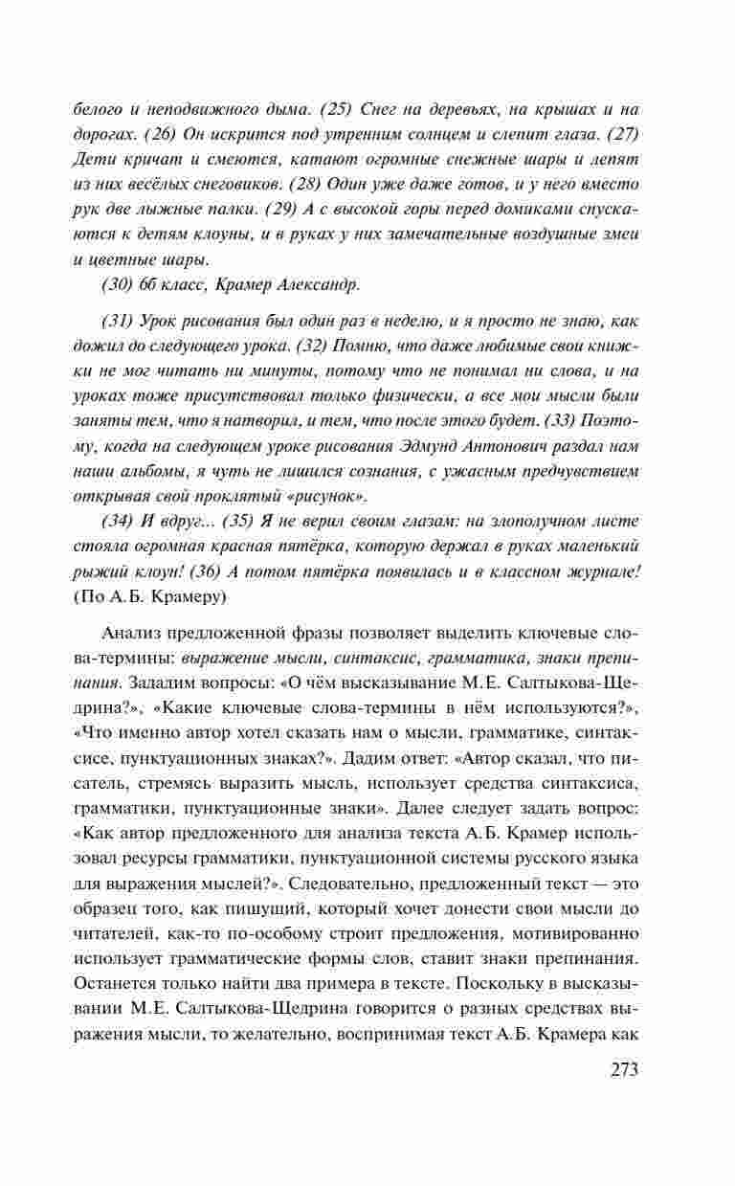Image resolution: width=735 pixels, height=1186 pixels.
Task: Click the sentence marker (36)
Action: pos(209,571)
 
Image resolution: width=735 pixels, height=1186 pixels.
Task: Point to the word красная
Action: pos(256,546)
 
